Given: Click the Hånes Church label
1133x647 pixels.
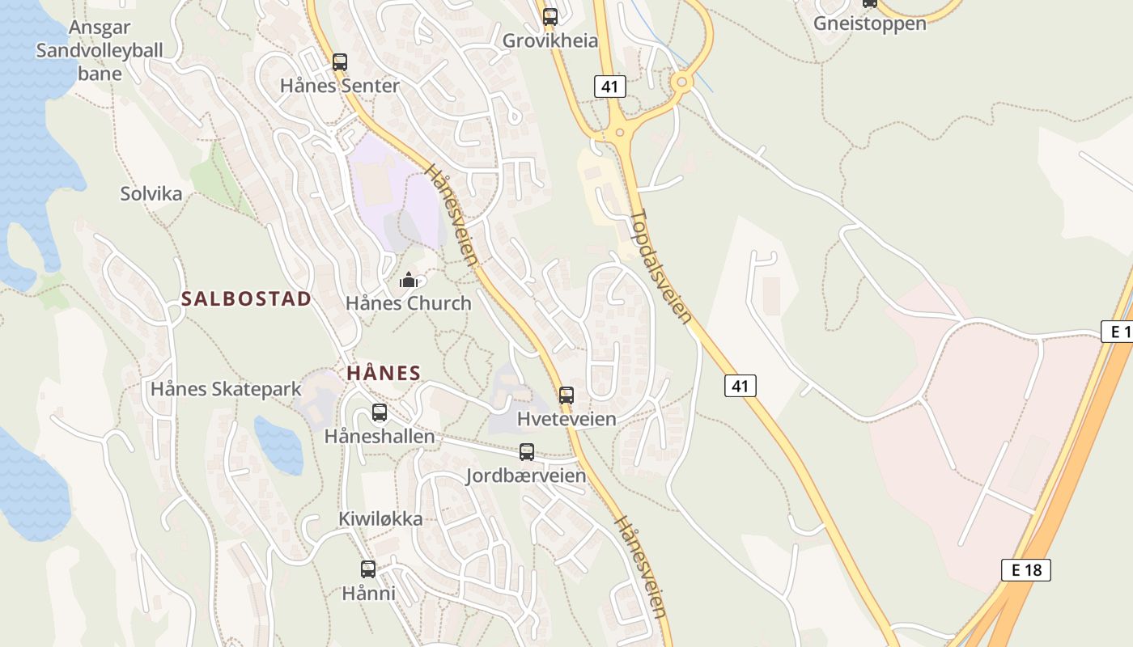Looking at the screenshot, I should (x=408, y=304).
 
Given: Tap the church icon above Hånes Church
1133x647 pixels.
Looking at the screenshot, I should (x=409, y=281).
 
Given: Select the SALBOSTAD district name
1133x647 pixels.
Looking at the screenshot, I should (x=246, y=298).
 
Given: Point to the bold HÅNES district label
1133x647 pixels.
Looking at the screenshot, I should (x=384, y=373).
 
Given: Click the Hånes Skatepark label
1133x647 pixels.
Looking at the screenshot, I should (x=226, y=389).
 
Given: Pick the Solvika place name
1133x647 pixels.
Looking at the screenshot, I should (x=151, y=194).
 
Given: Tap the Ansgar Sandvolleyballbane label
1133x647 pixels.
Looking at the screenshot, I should (x=100, y=51).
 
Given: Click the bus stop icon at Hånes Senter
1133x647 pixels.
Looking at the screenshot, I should (x=340, y=62).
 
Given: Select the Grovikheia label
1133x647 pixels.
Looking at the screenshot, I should (x=550, y=41).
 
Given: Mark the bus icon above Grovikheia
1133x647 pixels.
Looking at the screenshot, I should (x=550, y=16).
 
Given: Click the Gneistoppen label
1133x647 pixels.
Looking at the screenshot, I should (x=869, y=23).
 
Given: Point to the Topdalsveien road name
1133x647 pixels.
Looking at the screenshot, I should (x=661, y=267).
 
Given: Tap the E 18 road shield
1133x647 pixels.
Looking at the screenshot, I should (x=1025, y=569).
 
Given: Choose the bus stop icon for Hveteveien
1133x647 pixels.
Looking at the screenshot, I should (x=566, y=395).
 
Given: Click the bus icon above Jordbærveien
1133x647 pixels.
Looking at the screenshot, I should (x=527, y=452).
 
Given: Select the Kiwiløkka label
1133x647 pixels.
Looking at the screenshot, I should (x=380, y=519).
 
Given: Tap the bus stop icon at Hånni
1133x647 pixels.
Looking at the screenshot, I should (x=368, y=569).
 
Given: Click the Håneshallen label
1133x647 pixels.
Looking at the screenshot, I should (x=380, y=437).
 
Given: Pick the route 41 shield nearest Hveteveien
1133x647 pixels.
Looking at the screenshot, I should (x=740, y=386).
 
